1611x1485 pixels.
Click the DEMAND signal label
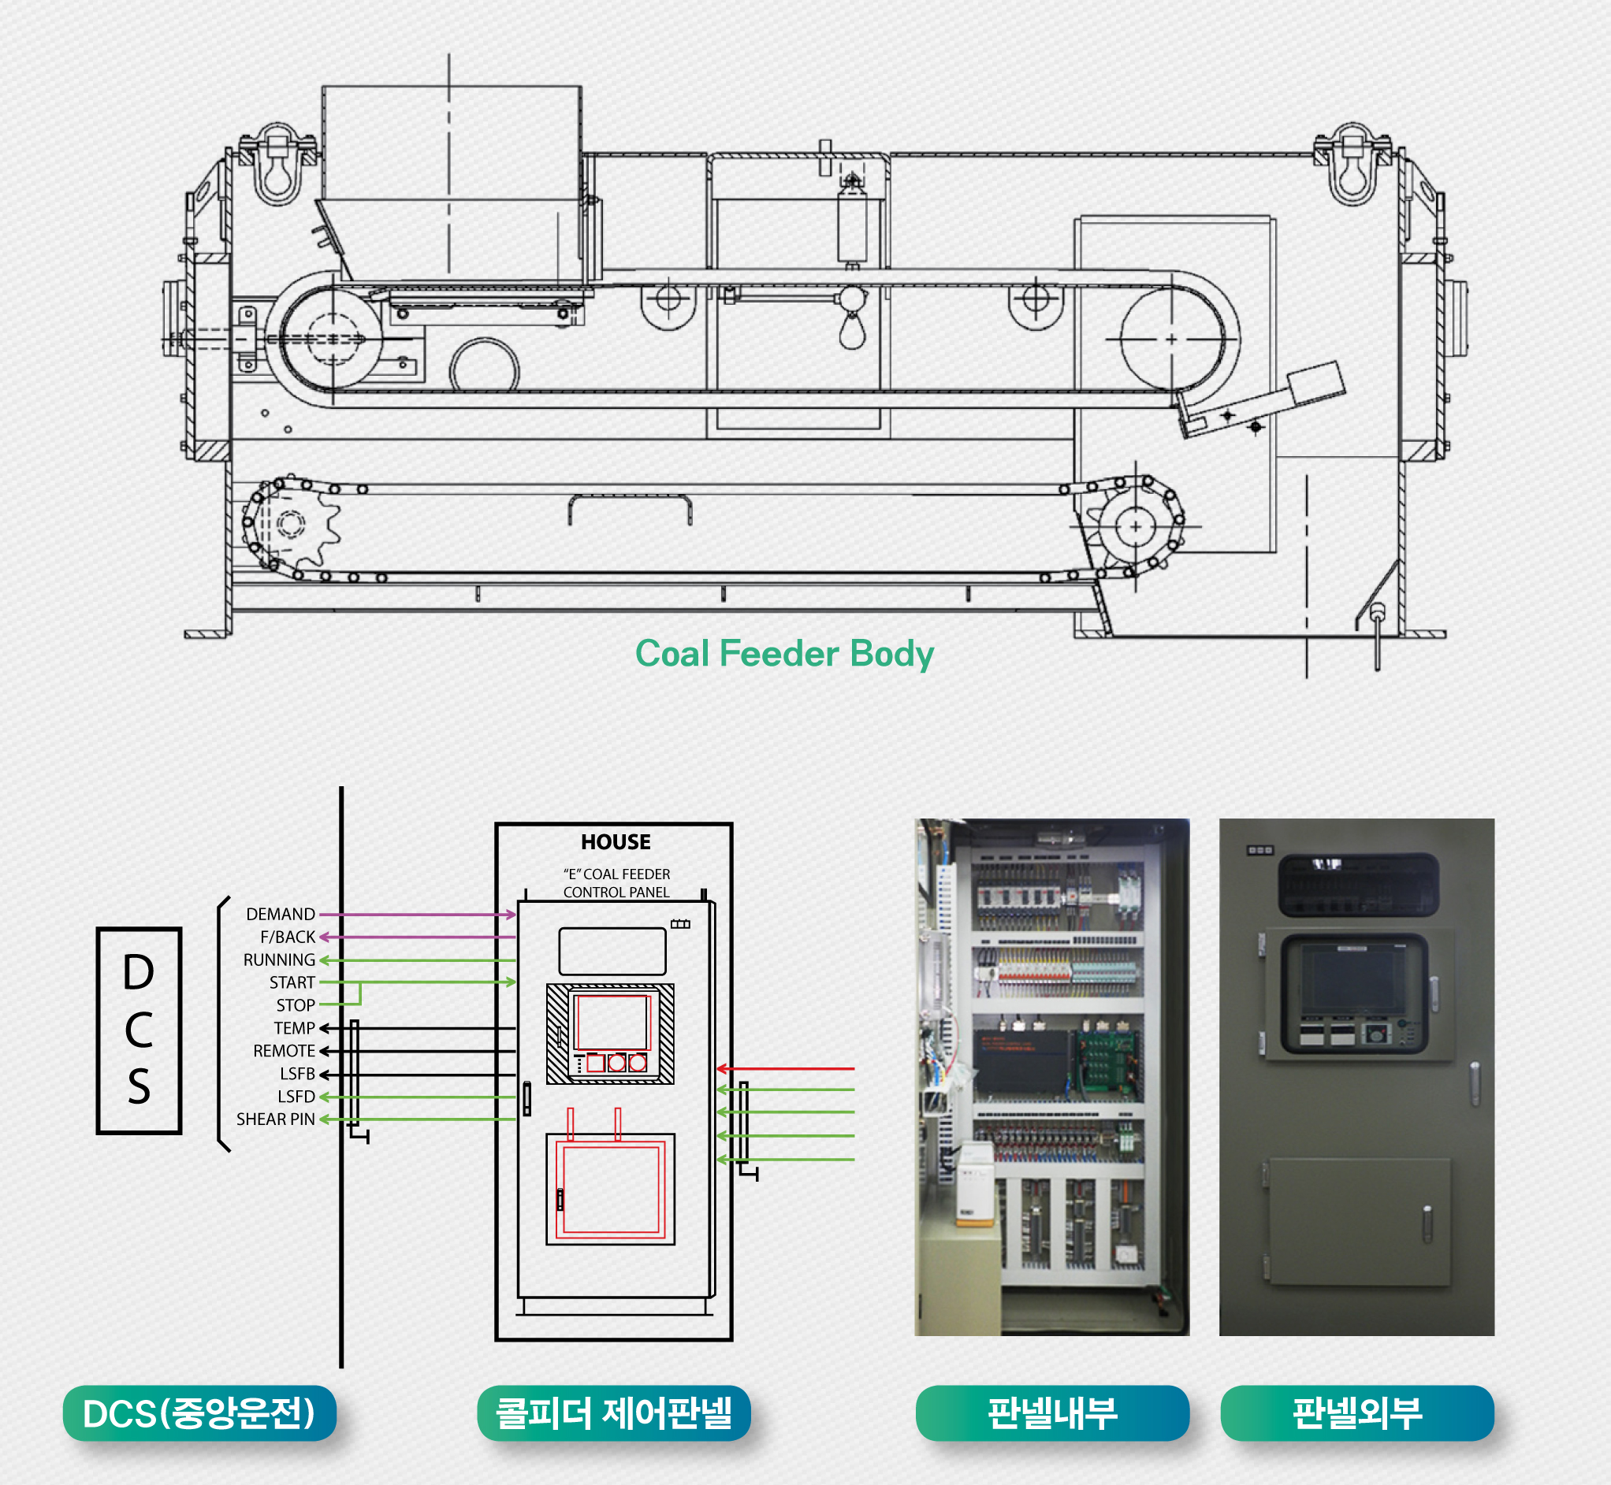pyautogui.click(x=281, y=914)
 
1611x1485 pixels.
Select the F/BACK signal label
pyautogui.click(x=288, y=937)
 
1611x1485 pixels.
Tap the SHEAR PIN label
pyautogui.click(x=275, y=1119)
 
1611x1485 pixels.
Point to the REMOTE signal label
pyautogui.click(x=284, y=1051)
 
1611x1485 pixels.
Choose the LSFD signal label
pyautogui.click(x=296, y=1097)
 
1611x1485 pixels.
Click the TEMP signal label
pyautogui.click(x=294, y=1029)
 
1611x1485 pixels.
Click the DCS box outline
pyautogui.click(x=139, y=1031)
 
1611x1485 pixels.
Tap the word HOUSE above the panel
pyautogui.click(x=616, y=842)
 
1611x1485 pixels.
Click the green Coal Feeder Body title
pyautogui.click(x=783, y=653)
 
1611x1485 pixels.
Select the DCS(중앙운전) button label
pyautogui.click(x=199, y=1413)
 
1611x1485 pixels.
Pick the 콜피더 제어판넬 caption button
pyautogui.click(x=613, y=1413)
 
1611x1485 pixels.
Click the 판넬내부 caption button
pyautogui.click(x=1051, y=1413)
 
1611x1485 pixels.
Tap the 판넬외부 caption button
pyautogui.click(x=1357, y=1413)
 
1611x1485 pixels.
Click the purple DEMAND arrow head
pyautogui.click(x=511, y=915)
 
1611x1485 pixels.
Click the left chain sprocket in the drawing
pyautogui.click(x=291, y=525)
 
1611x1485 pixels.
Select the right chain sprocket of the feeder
pyautogui.click(x=1135, y=527)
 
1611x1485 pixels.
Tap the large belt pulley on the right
pyautogui.click(x=1172, y=339)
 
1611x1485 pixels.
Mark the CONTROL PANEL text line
pyautogui.click(x=616, y=892)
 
